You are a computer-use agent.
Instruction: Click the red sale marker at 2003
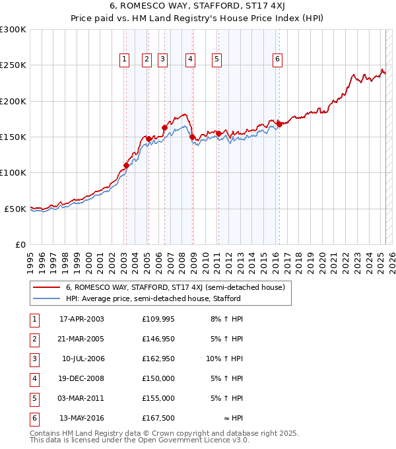(x=126, y=165)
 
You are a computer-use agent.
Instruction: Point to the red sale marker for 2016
(x=279, y=123)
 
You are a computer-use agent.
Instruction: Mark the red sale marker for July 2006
(x=164, y=127)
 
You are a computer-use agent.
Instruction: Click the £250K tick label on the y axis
(x=13, y=65)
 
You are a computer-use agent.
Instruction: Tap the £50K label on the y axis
(x=15, y=209)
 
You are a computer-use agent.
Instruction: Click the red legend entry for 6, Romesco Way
(x=175, y=287)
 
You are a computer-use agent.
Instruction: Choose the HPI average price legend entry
(x=152, y=298)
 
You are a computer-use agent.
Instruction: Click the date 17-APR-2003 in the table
(x=82, y=320)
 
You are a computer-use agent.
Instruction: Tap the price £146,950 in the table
(x=158, y=339)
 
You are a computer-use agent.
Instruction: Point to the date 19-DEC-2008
(x=82, y=379)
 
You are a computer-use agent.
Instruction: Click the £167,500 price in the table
(x=158, y=419)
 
